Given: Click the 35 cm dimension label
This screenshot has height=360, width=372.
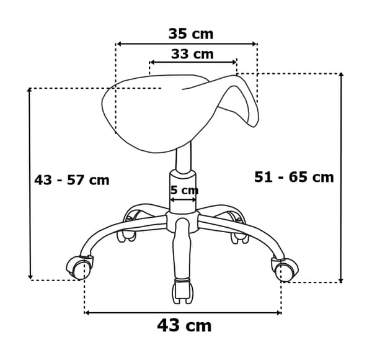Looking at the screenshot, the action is [191, 34].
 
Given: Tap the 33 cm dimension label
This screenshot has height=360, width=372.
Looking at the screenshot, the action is [192, 54].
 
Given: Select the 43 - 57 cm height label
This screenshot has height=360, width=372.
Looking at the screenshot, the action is [72, 180].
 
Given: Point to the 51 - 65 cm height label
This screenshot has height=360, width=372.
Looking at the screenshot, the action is [294, 177].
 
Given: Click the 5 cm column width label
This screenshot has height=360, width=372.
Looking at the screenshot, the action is [185, 190].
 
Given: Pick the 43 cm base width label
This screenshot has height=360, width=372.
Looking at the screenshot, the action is [184, 326].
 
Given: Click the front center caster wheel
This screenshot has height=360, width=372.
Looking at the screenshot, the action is [182, 291].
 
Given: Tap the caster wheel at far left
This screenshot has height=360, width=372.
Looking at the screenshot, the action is [79, 268].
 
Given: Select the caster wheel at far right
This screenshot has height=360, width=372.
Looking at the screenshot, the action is [285, 269].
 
